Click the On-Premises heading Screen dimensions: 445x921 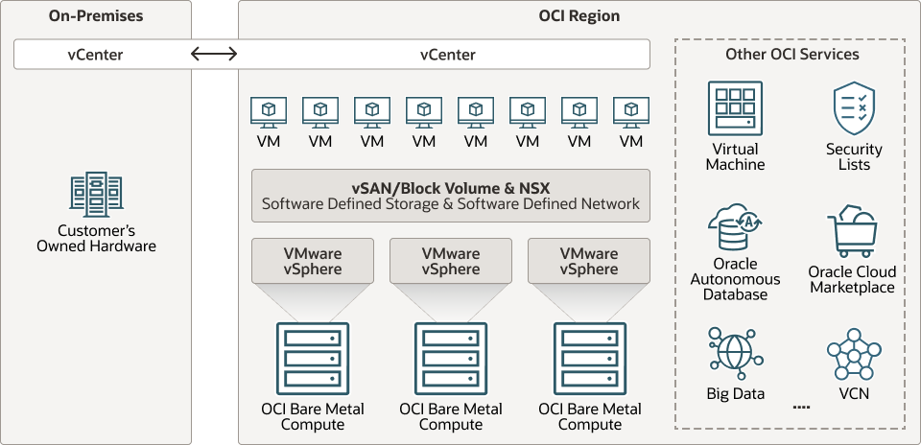tap(95, 16)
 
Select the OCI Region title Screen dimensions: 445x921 tap(579, 16)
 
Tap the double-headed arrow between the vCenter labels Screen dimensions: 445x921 tap(213, 55)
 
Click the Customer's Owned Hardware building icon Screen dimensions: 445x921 tap(96, 193)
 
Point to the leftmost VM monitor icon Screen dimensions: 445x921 tap(269, 111)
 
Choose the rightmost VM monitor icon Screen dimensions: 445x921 tap(631, 111)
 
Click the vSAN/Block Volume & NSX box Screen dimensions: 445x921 tap(450, 195)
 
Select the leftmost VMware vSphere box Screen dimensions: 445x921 tap(313, 261)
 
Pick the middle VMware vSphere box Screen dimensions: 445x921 tap(451, 261)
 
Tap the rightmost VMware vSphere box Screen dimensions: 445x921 tap(589, 261)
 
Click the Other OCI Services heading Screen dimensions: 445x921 tap(791, 55)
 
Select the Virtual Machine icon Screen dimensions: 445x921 tap(735, 108)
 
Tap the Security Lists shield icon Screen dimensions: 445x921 tap(854, 108)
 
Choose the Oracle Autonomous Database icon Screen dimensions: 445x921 tap(735, 226)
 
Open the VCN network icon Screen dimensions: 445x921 tap(853, 355)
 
